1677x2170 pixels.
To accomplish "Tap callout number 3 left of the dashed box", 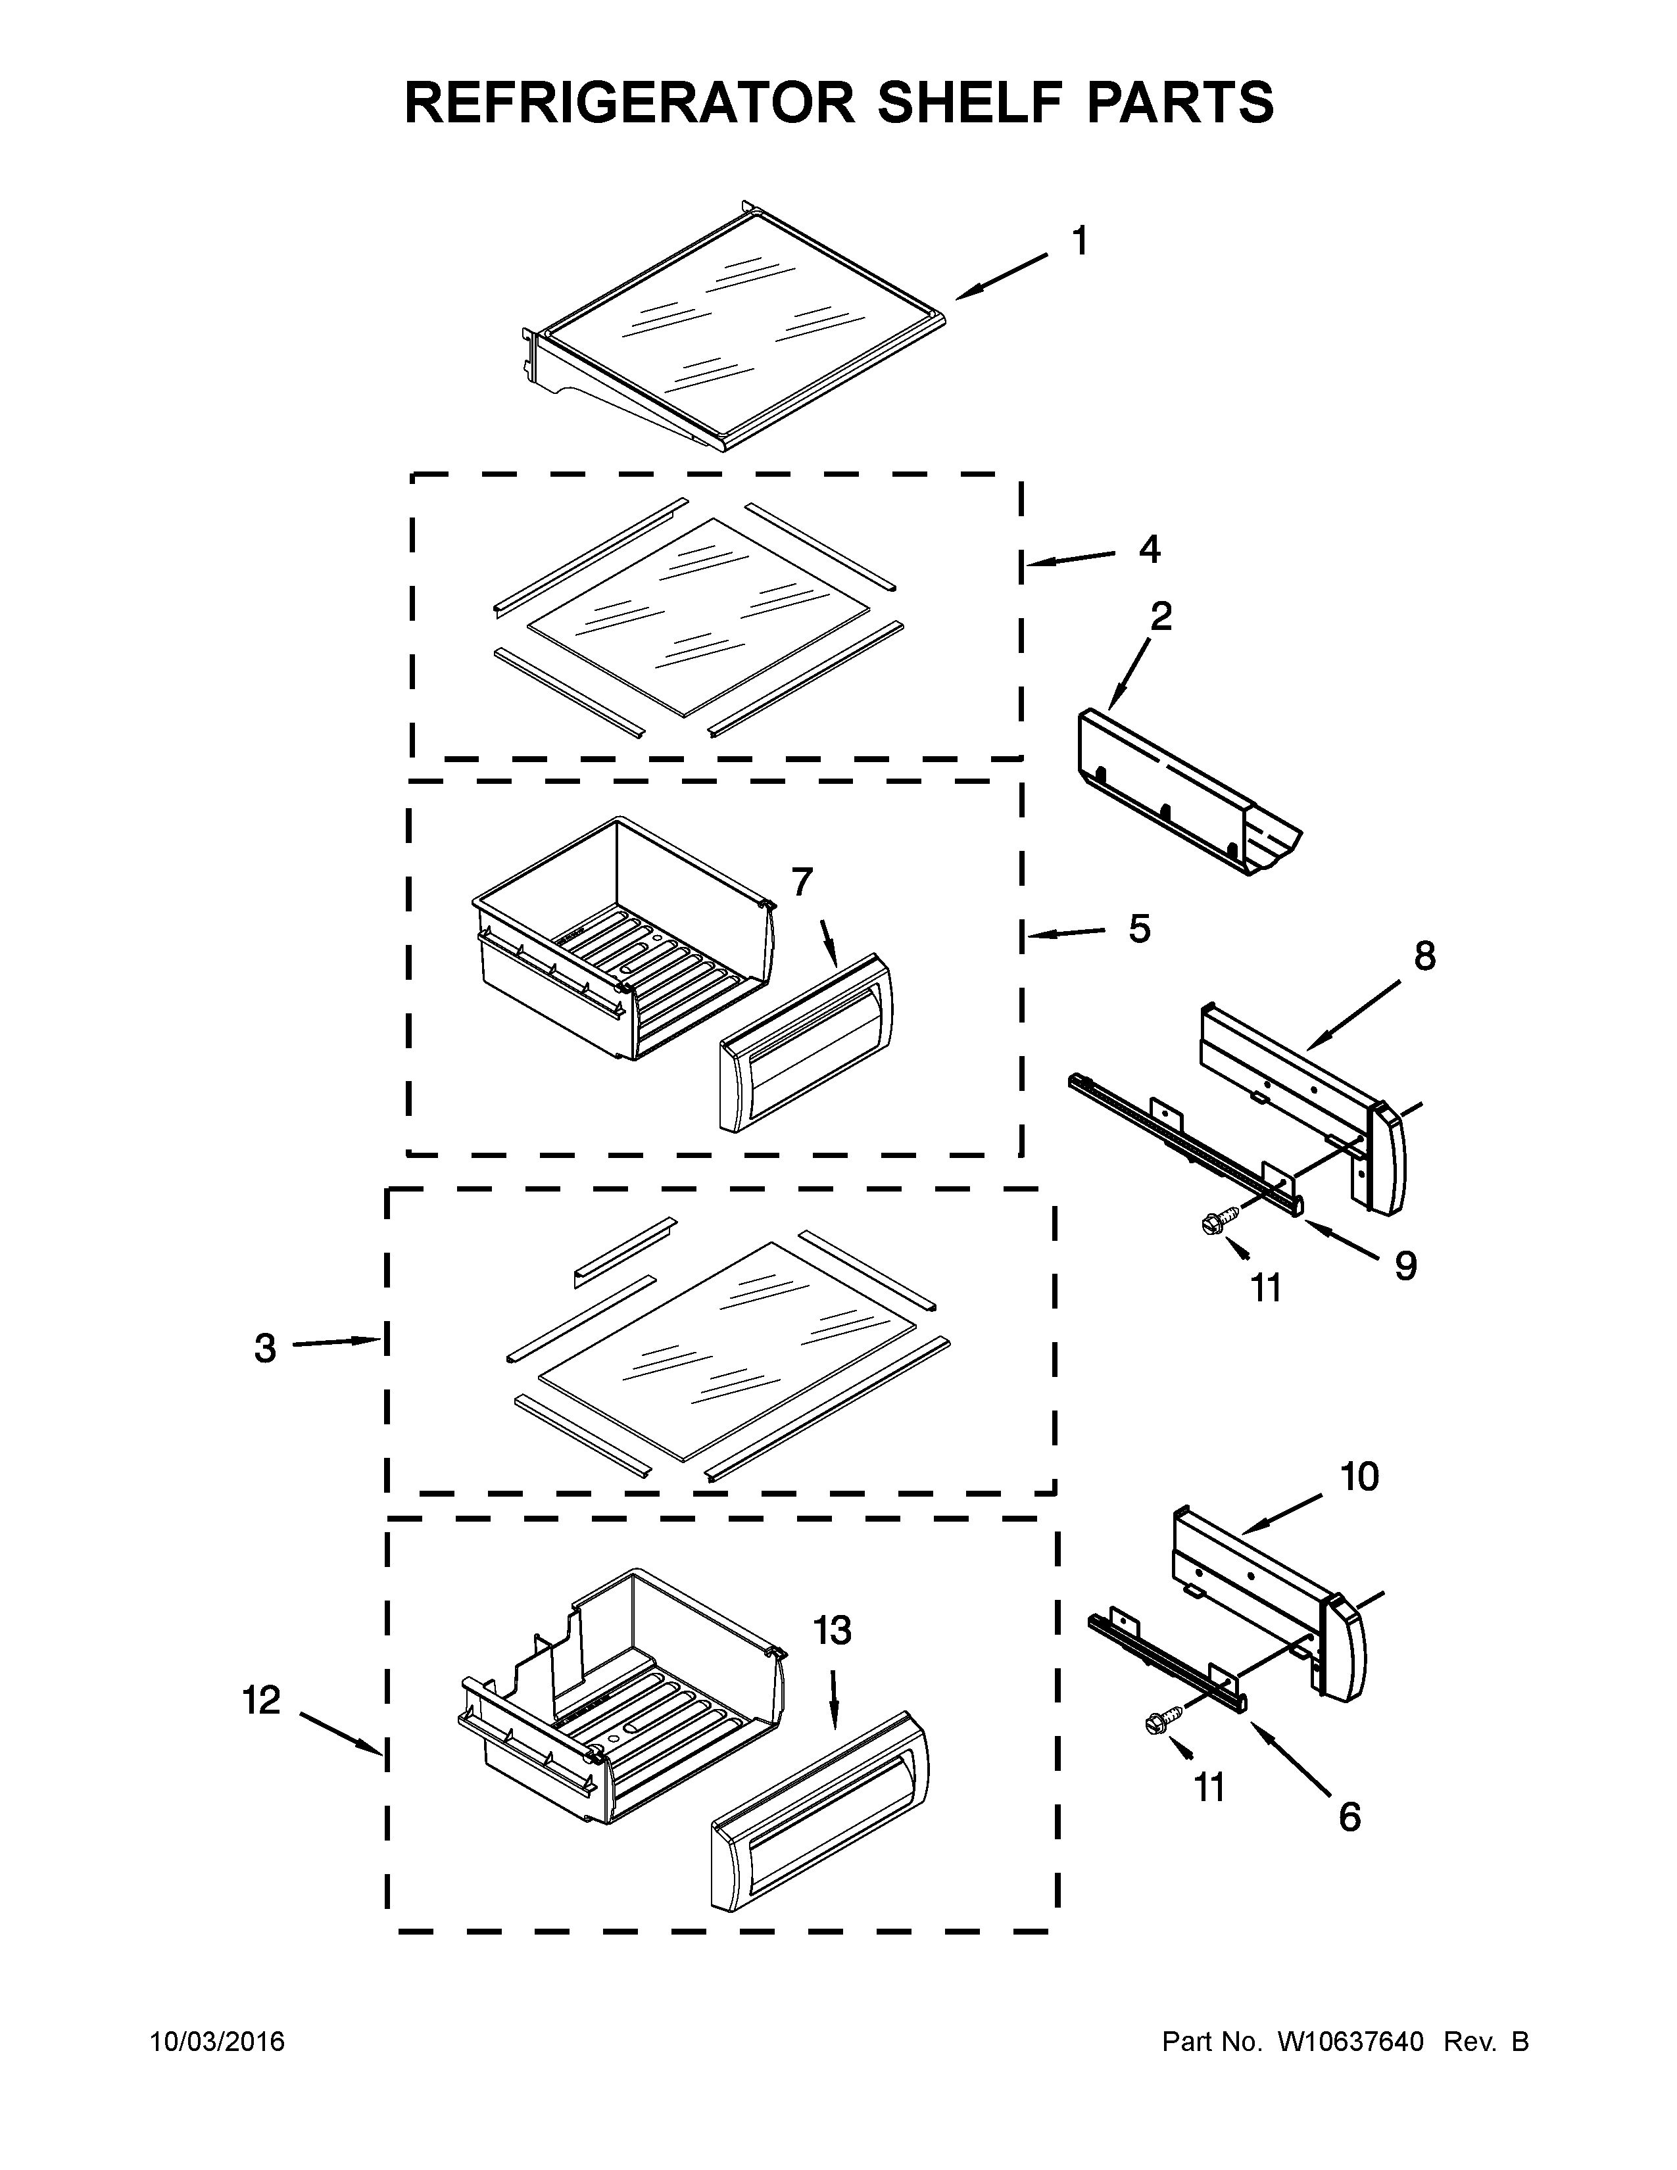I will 264,1348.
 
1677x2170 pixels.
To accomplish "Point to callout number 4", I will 1150,550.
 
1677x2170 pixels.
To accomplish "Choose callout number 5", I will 1140,929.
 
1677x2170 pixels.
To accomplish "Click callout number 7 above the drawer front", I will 802,880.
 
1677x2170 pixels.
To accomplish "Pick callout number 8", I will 1424,956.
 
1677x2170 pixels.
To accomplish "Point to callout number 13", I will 833,1631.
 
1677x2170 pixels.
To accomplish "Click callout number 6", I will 1349,1818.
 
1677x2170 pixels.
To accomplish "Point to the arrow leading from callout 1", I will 1002,276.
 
